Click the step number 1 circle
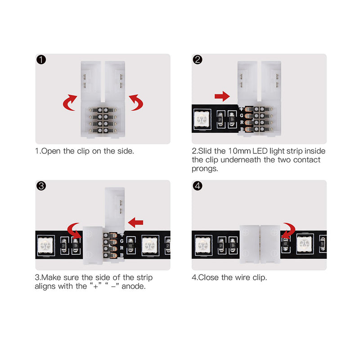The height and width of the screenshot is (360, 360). click(41, 60)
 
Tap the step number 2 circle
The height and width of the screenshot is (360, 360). click(198, 60)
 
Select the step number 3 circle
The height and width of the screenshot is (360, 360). click(41, 186)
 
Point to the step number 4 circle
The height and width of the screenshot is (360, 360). click(198, 186)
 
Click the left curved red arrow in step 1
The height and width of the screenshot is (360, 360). click(69, 102)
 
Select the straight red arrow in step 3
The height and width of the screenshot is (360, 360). click(136, 221)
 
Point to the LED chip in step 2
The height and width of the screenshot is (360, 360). click(201, 121)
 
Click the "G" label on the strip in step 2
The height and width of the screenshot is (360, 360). click(242, 116)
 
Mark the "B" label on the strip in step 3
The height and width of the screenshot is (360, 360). click(121, 255)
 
